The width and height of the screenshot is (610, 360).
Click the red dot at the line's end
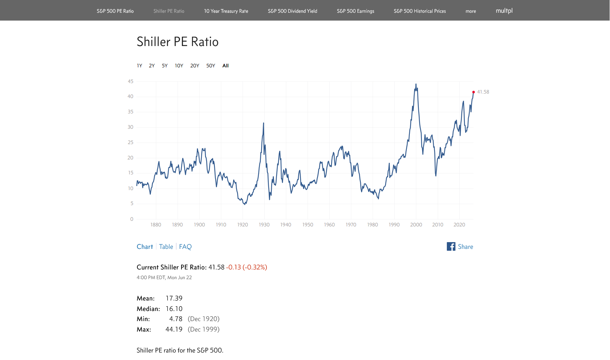pyautogui.click(x=473, y=92)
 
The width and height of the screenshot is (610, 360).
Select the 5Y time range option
pyautogui.click(x=165, y=65)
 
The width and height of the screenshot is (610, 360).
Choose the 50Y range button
pyautogui.click(x=210, y=65)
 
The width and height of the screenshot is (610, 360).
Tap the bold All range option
pyautogui.click(x=226, y=65)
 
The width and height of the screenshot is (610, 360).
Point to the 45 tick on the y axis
pyautogui.click(x=131, y=82)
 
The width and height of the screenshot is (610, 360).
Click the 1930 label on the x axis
pyautogui.click(x=264, y=225)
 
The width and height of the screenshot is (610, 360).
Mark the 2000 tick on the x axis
pyautogui.click(x=416, y=225)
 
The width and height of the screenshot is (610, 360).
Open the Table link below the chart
pyautogui.click(x=166, y=247)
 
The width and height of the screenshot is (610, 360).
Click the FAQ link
pyautogui.click(x=185, y=247)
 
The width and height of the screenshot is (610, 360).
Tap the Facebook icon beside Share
pyautogui.click(x=451, y=247)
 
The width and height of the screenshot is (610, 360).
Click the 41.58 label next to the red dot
pyautogui.click(x=483, y=92)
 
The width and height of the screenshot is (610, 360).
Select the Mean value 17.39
pyautogui.click(x=174, y=298)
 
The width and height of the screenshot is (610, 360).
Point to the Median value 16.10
pyautogui.click(x=174, y=308)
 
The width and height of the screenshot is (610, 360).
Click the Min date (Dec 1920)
pyautogui.click(x=204, y=319)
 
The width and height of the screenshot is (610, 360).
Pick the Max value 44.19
pyautogui.click(x=174, y=329)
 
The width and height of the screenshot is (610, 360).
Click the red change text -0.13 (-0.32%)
pyautogui.click(x=247, y=267)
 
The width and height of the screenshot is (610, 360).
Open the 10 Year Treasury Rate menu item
pyautogui.click(x=226, y=11)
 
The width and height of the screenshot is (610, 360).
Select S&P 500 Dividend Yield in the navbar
pyautogui.click(x=293, y=11)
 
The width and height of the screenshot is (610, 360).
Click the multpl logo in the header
pyautogui.click(x=504, y=10)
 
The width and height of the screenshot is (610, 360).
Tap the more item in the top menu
pyautogui.click(x=470, y=11)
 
